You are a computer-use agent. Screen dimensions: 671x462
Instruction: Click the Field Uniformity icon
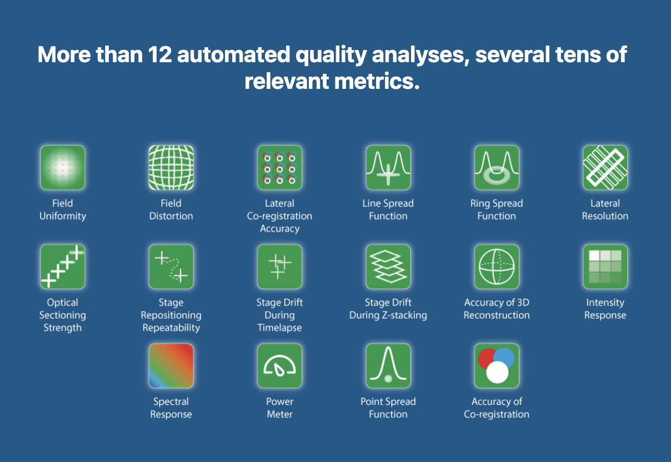click(63, 167)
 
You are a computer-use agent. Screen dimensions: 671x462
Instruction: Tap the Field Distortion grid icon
click(171, 167)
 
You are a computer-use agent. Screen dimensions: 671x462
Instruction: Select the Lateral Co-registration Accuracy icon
click(279, 167)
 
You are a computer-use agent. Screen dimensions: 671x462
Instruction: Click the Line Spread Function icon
click(388, 167)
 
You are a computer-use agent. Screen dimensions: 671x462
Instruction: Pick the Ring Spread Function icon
click(497, 167)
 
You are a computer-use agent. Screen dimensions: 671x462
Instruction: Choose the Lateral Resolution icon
click(605, 167)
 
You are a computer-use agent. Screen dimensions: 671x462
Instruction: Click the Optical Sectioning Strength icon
click(63, 267)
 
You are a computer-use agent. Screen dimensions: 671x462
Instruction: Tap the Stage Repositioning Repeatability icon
click(171, 267)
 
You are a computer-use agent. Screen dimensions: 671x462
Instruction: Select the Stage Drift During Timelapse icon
click(279, 267)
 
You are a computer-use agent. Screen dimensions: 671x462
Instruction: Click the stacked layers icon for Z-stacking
click(388, 267)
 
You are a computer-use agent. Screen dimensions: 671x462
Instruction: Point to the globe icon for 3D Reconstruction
click(497, 267)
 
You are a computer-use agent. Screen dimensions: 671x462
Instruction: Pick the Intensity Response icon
click(605, 267)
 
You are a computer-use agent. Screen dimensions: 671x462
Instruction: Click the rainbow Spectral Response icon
click(171, 365)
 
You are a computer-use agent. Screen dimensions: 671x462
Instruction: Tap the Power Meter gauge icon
click(279, 365)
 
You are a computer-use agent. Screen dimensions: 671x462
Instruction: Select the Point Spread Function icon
click(388, 365)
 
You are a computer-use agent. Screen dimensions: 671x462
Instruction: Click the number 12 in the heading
click(160, 55)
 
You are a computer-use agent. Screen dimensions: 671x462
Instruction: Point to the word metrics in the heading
click(377, 82)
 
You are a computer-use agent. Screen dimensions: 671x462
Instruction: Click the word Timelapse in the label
click(279, 328)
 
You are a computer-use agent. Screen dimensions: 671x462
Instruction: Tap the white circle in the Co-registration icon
click(497, 372)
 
